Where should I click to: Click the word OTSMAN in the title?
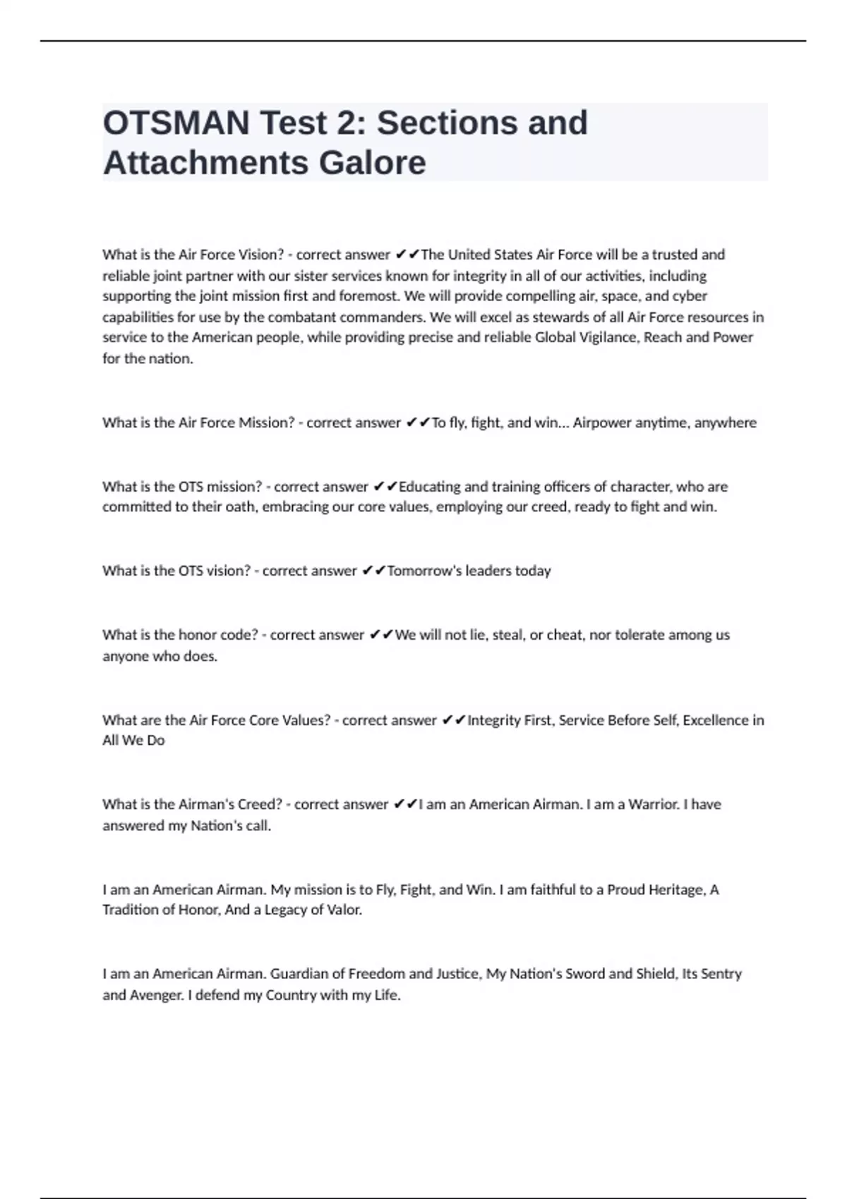pyautogui.click(x=176, y=123)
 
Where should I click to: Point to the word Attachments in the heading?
pyautogui.click(x=206, y=163)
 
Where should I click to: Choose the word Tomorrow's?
pyautogui.click(x=423, y=571)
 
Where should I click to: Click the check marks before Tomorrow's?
pyautogui.click(x=373, y=571)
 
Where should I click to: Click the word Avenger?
pyautogui.click(x=157, y=995)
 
